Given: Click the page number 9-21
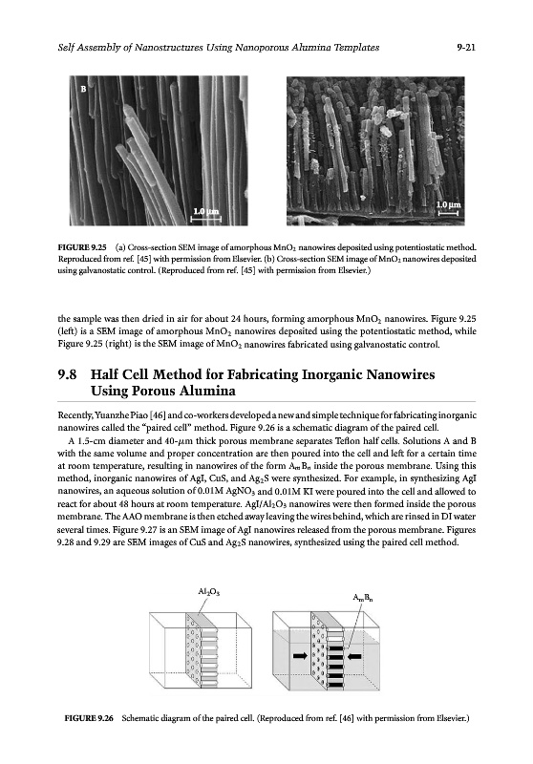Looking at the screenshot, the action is (466, 47).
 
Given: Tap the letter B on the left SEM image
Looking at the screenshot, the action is (83, 89).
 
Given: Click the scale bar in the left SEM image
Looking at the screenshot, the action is (205, 220).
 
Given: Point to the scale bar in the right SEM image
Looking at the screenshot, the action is (448, 212).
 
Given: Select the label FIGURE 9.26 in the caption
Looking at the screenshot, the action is (89, 718).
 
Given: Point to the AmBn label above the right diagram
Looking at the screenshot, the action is (364, 598).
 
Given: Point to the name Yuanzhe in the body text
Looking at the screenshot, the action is (114, 415).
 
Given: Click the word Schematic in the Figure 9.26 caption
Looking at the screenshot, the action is (139, 718).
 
